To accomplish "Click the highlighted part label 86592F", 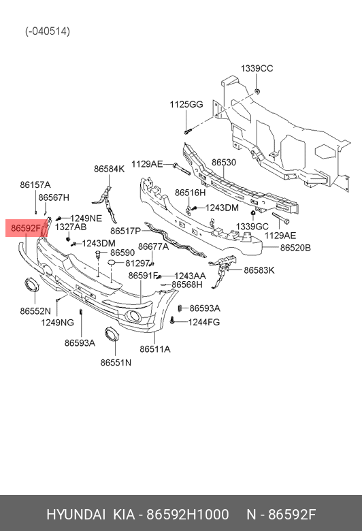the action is coord(26,228).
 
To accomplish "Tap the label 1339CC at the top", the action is coord(257,68).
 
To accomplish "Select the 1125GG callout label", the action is coord(186,104).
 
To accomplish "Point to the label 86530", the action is coord(223,163).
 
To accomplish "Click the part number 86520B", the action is coord(295,248).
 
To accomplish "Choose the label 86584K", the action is coord(110,169).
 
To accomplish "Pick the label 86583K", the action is coord(259,270).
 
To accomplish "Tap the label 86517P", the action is coord(125,231).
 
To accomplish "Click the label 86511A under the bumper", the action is coord(154,349).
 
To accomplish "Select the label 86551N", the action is coord(116,363).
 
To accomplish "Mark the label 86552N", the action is coord(35,311).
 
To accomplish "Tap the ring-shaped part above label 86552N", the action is coord(31,285).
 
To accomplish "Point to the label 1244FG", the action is coord(204,322).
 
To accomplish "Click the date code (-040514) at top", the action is coord(48,31).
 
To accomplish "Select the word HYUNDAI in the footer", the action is coord(76,515).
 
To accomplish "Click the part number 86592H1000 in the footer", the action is coord(187,515).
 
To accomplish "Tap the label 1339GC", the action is coord(252,227).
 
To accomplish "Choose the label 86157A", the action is coord(35,185).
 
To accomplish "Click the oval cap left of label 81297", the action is coord(112,263).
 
